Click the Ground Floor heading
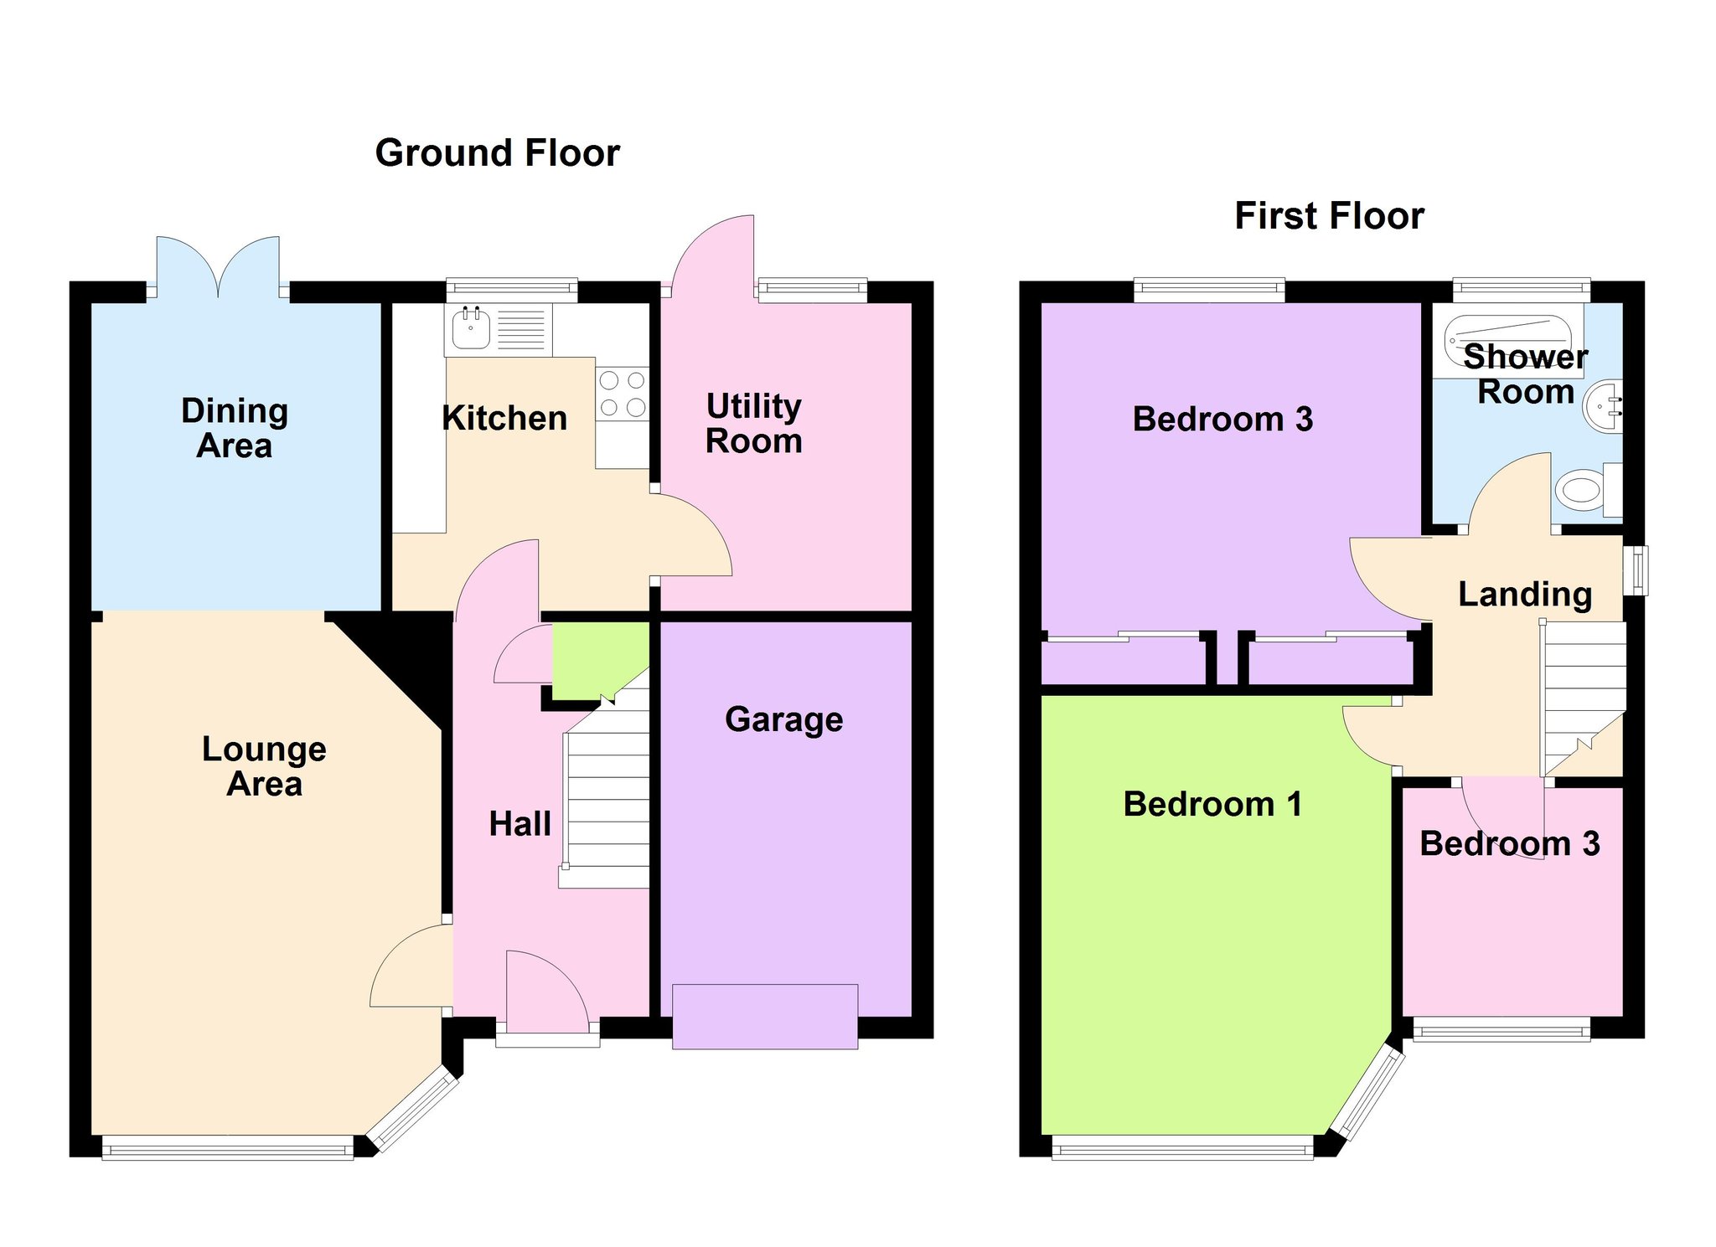pos(498,154)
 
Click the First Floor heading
pos(1330,216)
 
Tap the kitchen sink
pos(471,327)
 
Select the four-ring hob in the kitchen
pos(623,394)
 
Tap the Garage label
pos(784,719)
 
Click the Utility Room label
pos(754,424)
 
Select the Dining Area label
pos(235,428)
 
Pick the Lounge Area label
pos(264,766)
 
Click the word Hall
pos(520,824)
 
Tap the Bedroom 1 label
pos(1212,804)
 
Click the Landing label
pos(1525,595)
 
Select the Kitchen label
pos(504,418)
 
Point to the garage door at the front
pos(765,1017)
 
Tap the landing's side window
pos(1636,570)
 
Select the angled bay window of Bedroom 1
pos(1368,1092)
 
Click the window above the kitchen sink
pos(512,290)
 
